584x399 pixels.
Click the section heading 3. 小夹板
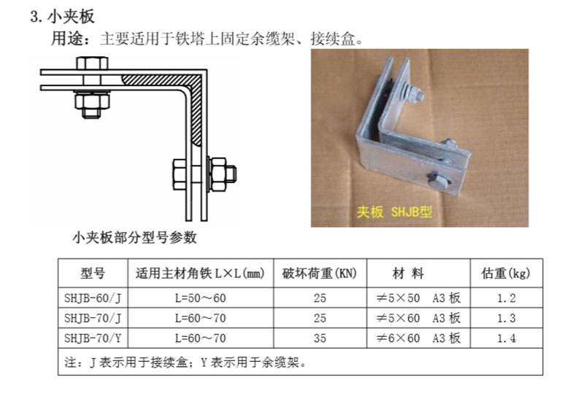tap(62, 17)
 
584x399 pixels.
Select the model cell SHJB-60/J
tap(93, 298)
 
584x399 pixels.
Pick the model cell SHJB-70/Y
tap(93, 338)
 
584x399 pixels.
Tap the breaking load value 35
tap(320, 338)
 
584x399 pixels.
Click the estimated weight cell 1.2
tap(507, 298)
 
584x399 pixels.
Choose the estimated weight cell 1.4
tap(507, 338)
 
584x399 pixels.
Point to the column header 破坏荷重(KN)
tap(320, 274)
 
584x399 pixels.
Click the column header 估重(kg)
tap(506, 274)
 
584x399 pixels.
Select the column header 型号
tap(93, 274)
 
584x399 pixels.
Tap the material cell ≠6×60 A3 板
tap(418, 338)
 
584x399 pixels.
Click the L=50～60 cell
tap(200, 298)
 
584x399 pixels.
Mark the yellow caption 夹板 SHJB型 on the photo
tap(394, 212)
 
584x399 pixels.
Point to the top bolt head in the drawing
tap(93, 63)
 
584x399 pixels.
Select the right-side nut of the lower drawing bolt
tap(218, 174)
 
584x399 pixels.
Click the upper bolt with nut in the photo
tap(412, 93)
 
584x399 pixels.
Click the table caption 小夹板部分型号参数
tap(135, 238)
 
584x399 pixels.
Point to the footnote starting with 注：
tap(185, 362)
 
